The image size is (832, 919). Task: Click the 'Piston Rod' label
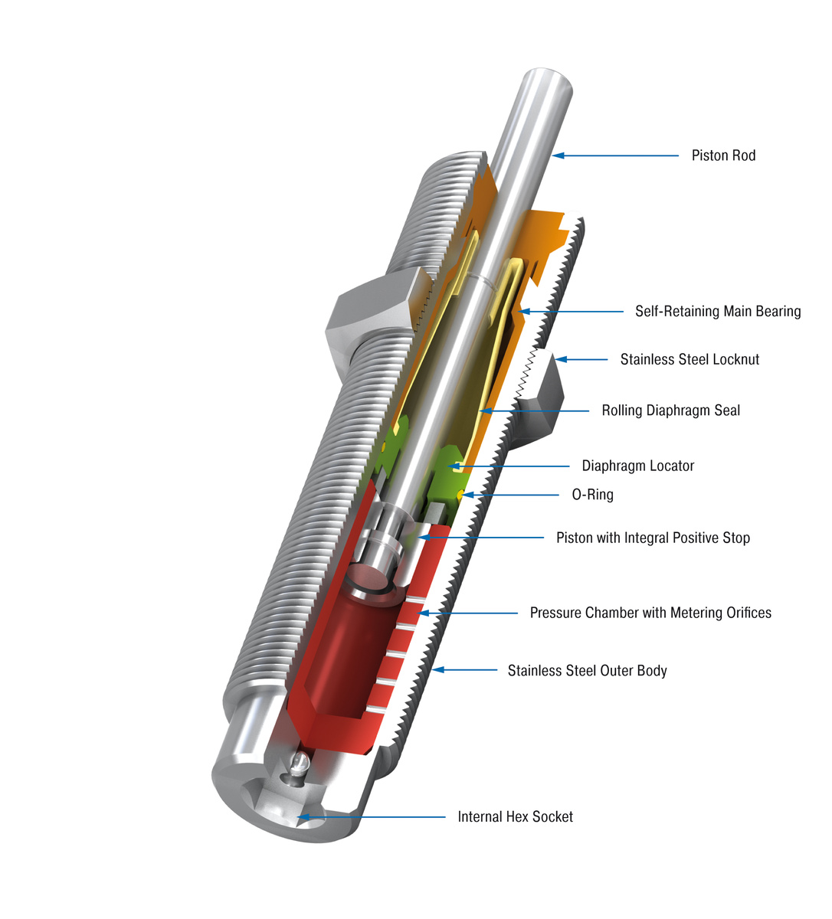[722, 155]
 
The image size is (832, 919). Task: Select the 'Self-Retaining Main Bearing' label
[717, 311]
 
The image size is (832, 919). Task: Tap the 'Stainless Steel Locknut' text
[690, 359]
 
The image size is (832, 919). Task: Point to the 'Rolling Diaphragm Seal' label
[670, 410]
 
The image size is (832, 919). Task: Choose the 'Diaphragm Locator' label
[637, 466]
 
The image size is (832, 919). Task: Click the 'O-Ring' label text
[592, 495]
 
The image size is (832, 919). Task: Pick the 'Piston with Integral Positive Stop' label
[653, 538]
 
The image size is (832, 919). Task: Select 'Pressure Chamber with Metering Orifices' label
[650, 613]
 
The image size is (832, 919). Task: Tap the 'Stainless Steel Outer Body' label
[587, 671]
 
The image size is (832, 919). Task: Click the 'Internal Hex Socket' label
[515, 817]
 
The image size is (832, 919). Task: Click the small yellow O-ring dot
[459, 494]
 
